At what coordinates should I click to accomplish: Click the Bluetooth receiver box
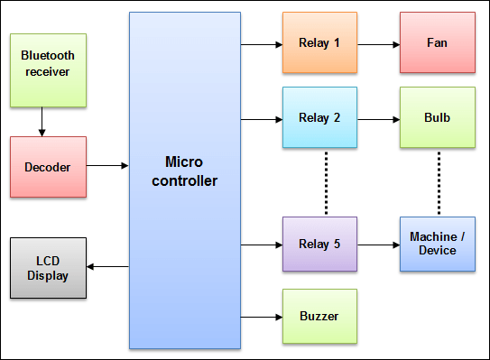[x=48, y=69]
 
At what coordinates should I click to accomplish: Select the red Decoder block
[x=48, y=167]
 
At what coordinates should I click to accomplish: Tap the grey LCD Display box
[x=48, y=268]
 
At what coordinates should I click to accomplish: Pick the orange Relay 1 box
[x=319, y=43]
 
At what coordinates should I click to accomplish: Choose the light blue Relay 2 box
[x=319, y=117]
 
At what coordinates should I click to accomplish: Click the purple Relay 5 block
[x=319, y=245]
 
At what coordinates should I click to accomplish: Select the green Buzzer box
[x=319, y=317]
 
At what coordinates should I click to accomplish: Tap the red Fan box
[x=438, y=43]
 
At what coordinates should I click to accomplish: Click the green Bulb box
[x=438, y=117]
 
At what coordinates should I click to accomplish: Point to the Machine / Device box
[x=438, y=244]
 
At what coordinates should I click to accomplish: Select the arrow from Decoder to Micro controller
[x=107, y=166]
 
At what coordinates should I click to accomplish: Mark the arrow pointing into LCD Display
[x=108, y=266]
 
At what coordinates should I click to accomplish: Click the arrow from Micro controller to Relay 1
[x=262, y=42]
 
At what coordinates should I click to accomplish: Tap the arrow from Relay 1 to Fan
[x=378, y=42]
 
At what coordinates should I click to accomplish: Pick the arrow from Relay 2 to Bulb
[x=378, y=118]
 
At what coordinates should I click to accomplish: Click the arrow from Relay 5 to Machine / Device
[x=378, y=245]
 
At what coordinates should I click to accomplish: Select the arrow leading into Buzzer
[x=262, y=317]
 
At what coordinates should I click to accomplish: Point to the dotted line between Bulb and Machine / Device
[x=439, y=182]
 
